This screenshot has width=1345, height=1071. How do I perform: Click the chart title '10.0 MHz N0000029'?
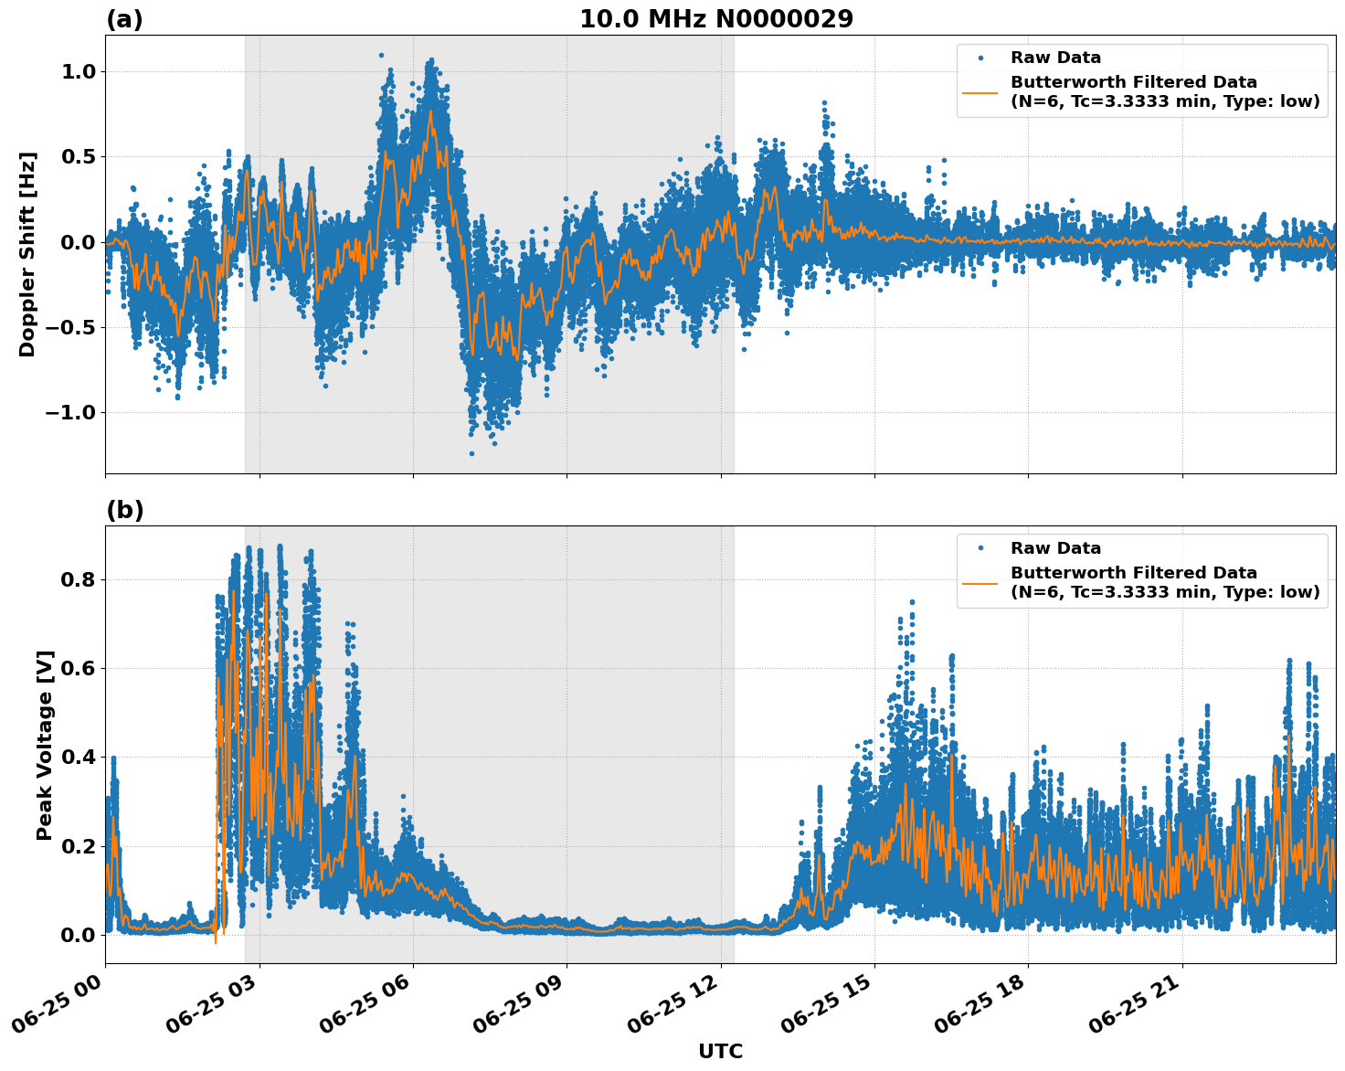(x=716, y=19)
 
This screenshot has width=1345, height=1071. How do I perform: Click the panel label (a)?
(x=124, y=19)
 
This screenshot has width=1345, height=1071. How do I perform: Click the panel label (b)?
(x=124, y=510)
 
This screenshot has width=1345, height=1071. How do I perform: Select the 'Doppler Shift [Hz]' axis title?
(x=27, y=254)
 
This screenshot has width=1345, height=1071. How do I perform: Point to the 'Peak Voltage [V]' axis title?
(x=45, y=745)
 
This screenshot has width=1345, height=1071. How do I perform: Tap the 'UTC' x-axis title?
(x=720, y=1051)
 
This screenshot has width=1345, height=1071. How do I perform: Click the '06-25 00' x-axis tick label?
(x=57, y=1010)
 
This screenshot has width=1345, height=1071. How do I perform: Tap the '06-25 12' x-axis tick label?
(x=672, y=1010)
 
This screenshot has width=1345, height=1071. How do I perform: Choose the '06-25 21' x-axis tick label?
(x=1134, y=1010)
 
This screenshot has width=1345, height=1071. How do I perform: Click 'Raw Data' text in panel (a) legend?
(x=1055, y=58)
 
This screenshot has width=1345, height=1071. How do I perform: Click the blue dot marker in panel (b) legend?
(x=980, y=548)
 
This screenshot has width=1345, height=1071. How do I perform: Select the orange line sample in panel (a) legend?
(x=980, y=92)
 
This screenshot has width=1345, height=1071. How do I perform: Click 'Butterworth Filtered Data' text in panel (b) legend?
(x=1133, y=573)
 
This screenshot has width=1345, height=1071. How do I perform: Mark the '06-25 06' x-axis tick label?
(x=365, y=1010)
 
